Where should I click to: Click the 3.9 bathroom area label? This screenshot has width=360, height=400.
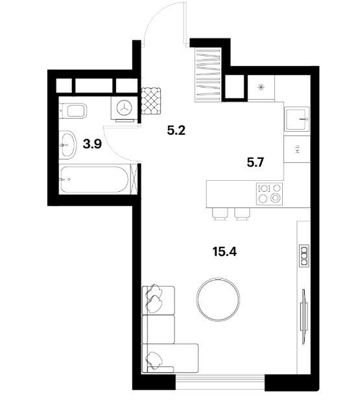point(92,145)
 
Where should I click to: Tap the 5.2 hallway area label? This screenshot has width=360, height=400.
point(176,131)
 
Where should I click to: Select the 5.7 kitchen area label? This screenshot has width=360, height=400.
point(255,163)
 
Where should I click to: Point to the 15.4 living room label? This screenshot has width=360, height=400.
point(224,252)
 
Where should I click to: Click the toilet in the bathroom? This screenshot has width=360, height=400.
point(73,111)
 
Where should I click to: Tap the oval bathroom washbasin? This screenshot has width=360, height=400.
point(68,145)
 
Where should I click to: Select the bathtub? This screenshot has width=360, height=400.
point(94,180)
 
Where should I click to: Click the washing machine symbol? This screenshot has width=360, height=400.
point(125,108)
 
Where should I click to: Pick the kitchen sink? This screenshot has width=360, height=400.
point(297,119)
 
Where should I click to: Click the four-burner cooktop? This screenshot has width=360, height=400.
point(270,193)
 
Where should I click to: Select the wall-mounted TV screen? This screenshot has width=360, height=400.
point(304,317)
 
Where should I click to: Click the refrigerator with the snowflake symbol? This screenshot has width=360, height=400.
point(261,88)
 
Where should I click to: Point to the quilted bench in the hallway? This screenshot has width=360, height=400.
point(151,101)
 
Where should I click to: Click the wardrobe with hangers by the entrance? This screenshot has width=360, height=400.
point(208,75)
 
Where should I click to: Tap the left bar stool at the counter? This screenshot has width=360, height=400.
point(220,214)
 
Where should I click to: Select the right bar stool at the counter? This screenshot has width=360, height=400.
point(242,214)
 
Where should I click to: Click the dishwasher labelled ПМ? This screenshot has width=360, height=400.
point(297,149)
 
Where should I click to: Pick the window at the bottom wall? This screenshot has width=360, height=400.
point(220,382)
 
